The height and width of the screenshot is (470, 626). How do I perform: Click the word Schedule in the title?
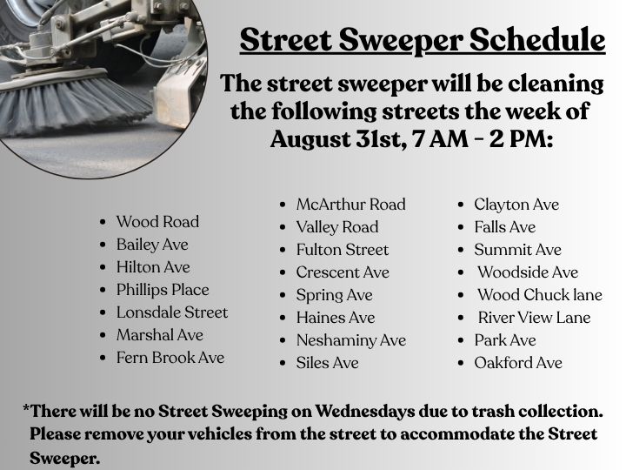coord(537,40)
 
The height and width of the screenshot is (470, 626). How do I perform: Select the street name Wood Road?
coord(157,222)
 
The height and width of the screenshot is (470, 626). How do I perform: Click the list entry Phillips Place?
coord(163,290)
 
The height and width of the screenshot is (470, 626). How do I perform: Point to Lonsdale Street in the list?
coord(172,312)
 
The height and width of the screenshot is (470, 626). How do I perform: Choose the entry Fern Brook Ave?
coord(170,358)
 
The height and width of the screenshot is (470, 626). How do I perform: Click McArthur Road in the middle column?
coord(351,205)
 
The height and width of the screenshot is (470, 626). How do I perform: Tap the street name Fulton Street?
coord(343,250)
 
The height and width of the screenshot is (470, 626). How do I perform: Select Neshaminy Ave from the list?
coord(351,341)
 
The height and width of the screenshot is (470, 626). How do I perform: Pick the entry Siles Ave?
coord(328,363)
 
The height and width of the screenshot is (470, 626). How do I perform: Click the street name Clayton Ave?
coord(516,205)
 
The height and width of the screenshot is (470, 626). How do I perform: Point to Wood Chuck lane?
coord(540,295)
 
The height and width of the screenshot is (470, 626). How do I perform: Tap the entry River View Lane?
coord(534,318)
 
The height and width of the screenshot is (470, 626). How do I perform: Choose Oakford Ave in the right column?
coord(518,363)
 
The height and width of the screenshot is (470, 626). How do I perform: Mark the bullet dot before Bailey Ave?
coord(103,245)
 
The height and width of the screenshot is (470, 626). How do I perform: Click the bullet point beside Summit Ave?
coord(461,250)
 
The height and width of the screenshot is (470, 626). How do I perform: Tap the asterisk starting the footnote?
coord(26,408)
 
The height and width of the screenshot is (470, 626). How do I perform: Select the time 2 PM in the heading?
coord(521,139)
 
